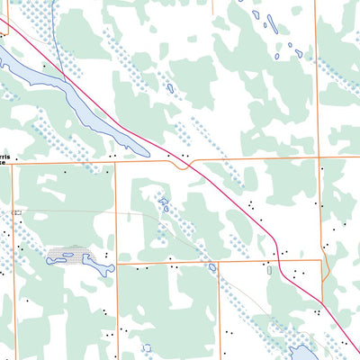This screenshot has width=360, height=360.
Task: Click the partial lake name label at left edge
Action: [x=6, y=159]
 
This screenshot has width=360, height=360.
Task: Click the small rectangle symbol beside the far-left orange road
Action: [x=16, y=211]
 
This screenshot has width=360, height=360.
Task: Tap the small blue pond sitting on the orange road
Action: [x=211, y=266]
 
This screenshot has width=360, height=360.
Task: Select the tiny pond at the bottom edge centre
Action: [x=146, y=347]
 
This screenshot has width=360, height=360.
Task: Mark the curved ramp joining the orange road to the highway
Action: [x=184, y=164]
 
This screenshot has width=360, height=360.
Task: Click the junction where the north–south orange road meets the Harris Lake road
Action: [x=116, y=163]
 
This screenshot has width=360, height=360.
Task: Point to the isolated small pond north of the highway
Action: [x=169, y=88]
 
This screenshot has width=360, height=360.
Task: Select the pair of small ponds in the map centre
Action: [x=164, y=205]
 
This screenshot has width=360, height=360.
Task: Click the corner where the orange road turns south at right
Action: [x=321, y=261]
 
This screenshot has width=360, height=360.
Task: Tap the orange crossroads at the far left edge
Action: [x=13, y=163]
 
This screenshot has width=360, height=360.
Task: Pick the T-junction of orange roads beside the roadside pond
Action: [x=219, y=263]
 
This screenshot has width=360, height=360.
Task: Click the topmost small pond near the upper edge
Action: [x=257, y=14]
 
